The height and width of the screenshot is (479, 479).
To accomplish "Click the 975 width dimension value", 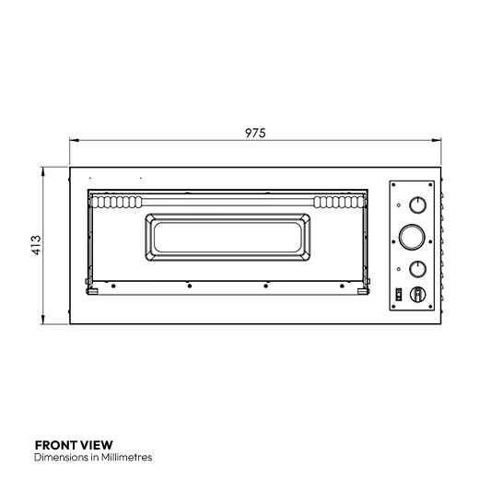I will coord(255,134).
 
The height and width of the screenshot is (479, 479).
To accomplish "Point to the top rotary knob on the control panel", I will coord(418,204).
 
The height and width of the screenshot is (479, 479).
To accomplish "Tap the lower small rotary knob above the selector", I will coord(418,268).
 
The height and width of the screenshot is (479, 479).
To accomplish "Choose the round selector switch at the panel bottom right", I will coord(418,294).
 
